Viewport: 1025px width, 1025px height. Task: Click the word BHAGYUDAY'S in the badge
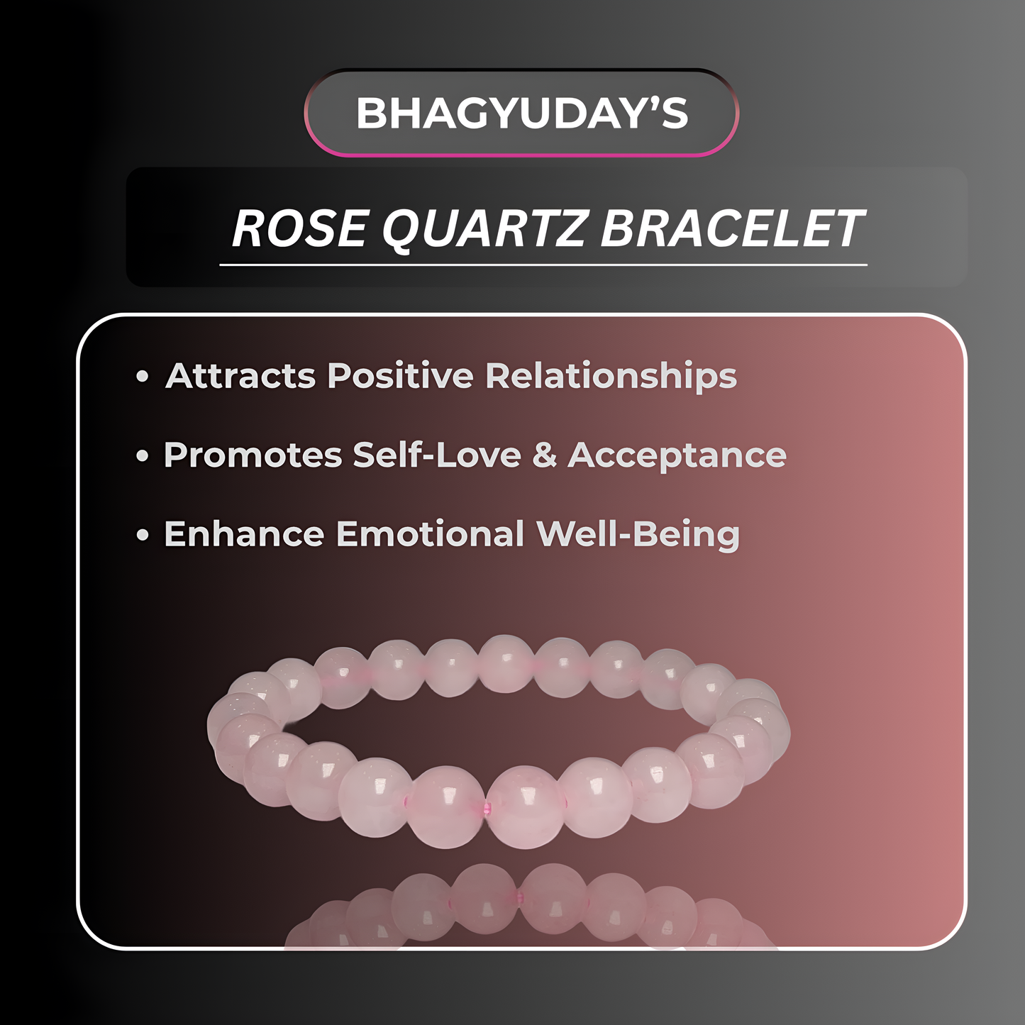click(521, 113)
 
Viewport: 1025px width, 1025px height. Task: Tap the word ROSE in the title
click(299, 228)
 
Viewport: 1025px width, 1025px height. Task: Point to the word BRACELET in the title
click(732, 228)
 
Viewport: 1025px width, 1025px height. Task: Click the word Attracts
click(240, 375)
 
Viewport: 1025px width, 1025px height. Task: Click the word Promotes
click(253, 455)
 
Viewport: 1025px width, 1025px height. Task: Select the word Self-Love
click(437, 455)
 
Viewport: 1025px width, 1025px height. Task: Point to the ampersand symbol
click(544, 455)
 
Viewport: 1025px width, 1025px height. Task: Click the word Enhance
click(244, 534)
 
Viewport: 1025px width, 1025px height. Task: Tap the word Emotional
click(430, 534)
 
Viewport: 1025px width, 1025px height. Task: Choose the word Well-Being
click(638, 535)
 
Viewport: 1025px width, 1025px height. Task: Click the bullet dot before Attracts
click(143, 376)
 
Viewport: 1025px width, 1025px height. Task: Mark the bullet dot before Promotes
click(143, 455)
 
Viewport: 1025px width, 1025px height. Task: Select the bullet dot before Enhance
click(143, 535)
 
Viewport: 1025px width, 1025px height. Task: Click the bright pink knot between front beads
click(486, 809)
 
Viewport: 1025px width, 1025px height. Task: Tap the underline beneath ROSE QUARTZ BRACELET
click(543, 265)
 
